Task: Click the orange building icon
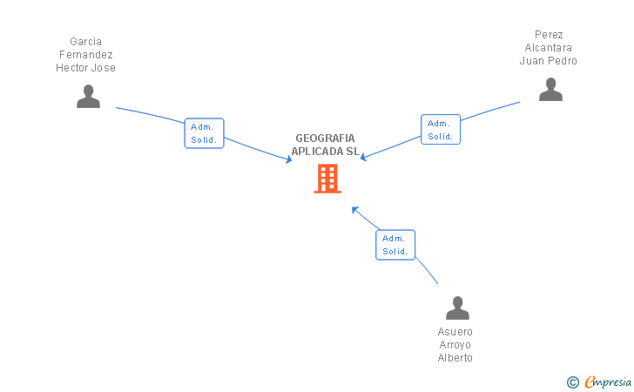pyautogui.click(x=327, y=179)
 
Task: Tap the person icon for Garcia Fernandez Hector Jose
pyautogui.click(x=88, y=97)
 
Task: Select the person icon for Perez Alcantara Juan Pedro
pyautogui.click(x=550, y=90)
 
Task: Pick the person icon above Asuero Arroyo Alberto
pyautogui.click(x=456, y=308)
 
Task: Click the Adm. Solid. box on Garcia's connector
pyautogui.click(x=204, y=133)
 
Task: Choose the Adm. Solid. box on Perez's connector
pyautogui.click(x=440, y=130)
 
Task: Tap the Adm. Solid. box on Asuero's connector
pyautogui.click(x=395, y=245)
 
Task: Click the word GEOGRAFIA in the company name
pyautogui.click(x=325, y=139)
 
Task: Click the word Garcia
pyautogui.click(x=86, y=42)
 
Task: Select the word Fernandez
pyautogui.click(x=86, y=55)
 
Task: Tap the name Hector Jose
pyautogui.click(x=86, y=68)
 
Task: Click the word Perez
pyautogui.click(x=550, y=35)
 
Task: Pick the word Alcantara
pyautogui.click(x=550, y=48)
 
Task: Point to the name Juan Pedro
pyautogui.click(x=549, y=61)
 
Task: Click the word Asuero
pyautogui.click(x=455, y=332)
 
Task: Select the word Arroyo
pyautogui.click(x=455, y=345)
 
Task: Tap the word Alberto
pyautogui.click(x=455, y=358)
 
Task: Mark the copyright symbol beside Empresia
pyautogui.click(x=573, y=382)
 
